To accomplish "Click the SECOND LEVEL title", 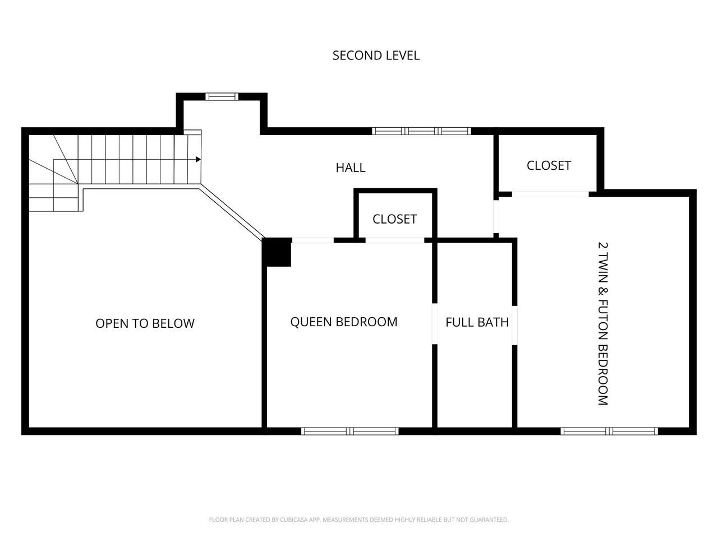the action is [x=376, y=55].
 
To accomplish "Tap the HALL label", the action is [x=351, y=168].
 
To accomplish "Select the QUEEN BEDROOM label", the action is [x=344, y=322].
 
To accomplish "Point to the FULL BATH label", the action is [x=477, y=322].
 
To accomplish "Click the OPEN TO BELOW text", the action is [x=145, y=323].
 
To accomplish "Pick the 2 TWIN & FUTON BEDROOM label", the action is [x=603, y=324].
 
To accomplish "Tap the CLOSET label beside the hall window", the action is [x=549, y=166].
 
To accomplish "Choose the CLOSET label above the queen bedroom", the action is [x=394, y=219].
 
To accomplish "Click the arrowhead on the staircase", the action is [x=198, y=159].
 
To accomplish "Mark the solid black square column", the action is [x=277, y=252].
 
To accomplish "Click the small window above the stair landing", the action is [x=222, y=97].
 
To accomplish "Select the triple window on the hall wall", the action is [x=421, y=131].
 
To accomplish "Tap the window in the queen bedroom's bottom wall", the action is [x=349, y=431].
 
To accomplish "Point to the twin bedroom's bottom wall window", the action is [x=609, y=431].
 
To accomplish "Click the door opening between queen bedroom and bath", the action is [x=435, y=324].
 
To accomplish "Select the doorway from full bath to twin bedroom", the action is [x=514, y=326].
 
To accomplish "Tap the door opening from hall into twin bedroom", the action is [x=496, y=216].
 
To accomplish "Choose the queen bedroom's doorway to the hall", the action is [x=312, y=240].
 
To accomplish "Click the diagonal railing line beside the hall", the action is [x=232, y=212].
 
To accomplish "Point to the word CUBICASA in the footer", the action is [x=293, y=520].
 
